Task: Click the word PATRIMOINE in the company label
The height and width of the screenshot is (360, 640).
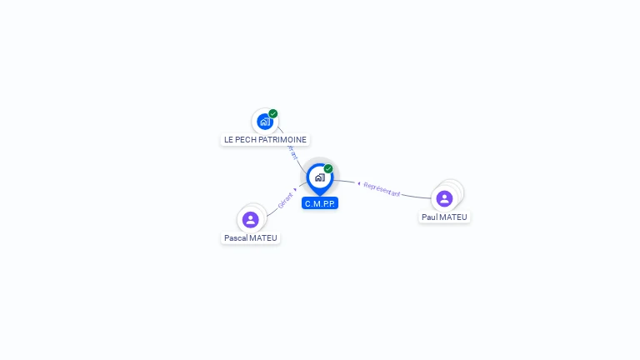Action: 283,140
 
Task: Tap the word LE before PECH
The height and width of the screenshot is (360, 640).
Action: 230,140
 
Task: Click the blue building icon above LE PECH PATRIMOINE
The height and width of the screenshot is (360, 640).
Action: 264,122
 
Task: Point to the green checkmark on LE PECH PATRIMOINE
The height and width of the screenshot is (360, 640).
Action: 273,114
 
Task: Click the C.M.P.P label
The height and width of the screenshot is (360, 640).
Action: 320,203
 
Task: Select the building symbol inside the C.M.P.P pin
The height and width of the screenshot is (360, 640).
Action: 319,177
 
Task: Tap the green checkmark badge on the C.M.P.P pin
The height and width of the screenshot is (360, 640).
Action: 328,169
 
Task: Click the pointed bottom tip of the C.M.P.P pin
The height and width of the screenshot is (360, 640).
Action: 320,194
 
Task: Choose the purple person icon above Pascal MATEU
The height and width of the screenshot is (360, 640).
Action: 250,220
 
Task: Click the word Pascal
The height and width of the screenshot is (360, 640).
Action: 237,238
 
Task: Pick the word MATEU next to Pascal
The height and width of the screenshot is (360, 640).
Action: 263,238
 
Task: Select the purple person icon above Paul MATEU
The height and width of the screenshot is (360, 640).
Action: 444,198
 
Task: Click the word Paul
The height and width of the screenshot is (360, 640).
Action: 430,217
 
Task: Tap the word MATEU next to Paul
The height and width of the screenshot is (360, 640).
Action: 454,217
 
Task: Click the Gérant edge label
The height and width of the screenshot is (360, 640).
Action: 285,200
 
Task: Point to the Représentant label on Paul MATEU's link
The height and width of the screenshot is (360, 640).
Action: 382,189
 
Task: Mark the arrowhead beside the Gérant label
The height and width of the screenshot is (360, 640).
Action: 296,189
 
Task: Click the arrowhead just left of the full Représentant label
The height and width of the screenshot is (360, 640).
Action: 358,182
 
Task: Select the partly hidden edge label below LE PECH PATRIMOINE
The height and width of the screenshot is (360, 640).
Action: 292,154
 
